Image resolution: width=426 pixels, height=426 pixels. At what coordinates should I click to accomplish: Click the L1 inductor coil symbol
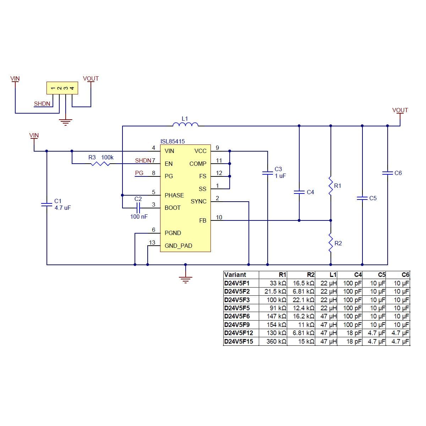coord(185,124)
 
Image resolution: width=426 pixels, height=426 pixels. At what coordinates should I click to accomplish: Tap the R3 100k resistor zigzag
coord(100,164)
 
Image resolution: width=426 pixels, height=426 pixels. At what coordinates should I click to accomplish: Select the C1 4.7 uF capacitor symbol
coord(47,204)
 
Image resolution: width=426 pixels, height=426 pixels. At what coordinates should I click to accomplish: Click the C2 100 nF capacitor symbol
coord(138,208)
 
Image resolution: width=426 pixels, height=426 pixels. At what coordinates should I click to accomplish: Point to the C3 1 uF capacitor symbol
coord(267,173)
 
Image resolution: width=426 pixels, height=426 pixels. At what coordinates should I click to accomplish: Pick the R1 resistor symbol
coord(331,186)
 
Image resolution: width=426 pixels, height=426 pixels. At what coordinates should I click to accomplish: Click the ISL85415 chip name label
coord(173,141)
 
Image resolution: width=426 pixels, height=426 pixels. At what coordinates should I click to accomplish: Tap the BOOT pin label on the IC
coord(173,208)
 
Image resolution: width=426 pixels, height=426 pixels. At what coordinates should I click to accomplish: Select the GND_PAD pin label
coord(178,246)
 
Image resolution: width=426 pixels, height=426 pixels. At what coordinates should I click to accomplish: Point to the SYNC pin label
coord(198,201)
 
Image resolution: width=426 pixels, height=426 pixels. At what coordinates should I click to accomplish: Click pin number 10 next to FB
coord(219,217)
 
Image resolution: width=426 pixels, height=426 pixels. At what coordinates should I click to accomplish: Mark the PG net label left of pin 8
coord(140,173)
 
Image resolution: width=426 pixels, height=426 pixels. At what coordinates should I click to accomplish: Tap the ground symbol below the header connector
coord(66,122)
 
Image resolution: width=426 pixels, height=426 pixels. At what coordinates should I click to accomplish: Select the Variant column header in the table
coord(235,275)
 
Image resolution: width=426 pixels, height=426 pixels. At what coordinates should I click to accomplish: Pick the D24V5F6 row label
coord(237,316)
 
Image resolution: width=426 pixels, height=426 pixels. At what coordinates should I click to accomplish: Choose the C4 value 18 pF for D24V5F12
coord(354,333)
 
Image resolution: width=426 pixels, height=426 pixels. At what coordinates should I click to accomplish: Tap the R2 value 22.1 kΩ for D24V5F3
coord(304,300)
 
